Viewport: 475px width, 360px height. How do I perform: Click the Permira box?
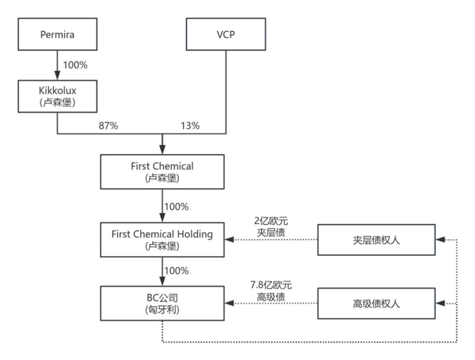coord(58,34)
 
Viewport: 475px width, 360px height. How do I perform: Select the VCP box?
coord(226,34)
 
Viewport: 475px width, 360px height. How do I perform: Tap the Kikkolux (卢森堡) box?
coord(58,96)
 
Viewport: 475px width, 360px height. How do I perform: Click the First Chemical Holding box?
coord(162,240)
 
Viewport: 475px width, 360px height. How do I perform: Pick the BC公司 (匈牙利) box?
coord(162,303)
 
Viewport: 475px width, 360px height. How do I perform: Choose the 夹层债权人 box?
coord(376,240)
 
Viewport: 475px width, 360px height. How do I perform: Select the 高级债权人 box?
coord(376,303)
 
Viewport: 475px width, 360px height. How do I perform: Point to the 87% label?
coord(109,126)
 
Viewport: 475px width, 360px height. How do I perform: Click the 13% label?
coord(190,126)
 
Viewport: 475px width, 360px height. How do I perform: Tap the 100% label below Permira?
coord(75,65)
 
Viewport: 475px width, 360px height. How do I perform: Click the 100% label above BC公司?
coord(176,270)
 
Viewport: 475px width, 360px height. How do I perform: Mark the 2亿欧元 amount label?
coord(271,221)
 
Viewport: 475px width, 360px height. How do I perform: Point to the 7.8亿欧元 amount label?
coord(271,285)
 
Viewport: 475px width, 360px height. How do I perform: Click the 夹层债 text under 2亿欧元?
coord(271,233)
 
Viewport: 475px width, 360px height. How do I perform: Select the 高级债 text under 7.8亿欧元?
coord(271,297)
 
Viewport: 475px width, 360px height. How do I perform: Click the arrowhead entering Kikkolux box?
coord(57,76)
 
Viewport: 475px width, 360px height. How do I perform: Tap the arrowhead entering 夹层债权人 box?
coord(440,240)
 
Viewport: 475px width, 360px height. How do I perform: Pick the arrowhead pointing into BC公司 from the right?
coord(229,303)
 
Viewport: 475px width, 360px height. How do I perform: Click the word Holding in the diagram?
coord(195,234)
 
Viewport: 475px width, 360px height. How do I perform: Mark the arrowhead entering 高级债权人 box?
coord(440,303)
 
